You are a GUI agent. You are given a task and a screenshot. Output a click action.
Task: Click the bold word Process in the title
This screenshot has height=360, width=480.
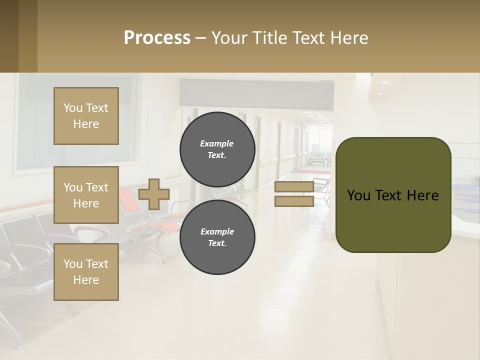157,38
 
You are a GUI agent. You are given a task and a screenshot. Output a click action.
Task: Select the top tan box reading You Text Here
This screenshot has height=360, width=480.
86,116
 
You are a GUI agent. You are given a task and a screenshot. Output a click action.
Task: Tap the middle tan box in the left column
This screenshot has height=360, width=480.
86,195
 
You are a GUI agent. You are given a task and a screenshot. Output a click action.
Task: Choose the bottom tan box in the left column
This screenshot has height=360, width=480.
86,272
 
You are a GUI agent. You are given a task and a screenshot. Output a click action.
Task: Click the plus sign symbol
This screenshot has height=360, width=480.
154,194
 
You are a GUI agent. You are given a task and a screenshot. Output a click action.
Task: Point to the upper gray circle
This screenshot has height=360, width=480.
217,149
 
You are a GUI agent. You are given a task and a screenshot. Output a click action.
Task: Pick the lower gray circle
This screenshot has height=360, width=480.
217,237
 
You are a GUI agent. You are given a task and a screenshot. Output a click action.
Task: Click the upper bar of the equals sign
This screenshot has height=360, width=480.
294,187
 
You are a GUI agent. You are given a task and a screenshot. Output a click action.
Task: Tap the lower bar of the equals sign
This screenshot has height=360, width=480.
294,201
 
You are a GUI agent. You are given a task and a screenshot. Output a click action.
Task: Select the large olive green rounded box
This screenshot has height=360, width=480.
393,195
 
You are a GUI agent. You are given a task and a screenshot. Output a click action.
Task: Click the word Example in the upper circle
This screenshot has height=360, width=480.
217,143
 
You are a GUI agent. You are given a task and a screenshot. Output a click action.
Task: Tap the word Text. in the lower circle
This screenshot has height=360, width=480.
217,243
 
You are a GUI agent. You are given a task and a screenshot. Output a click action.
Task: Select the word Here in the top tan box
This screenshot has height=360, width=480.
86,124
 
